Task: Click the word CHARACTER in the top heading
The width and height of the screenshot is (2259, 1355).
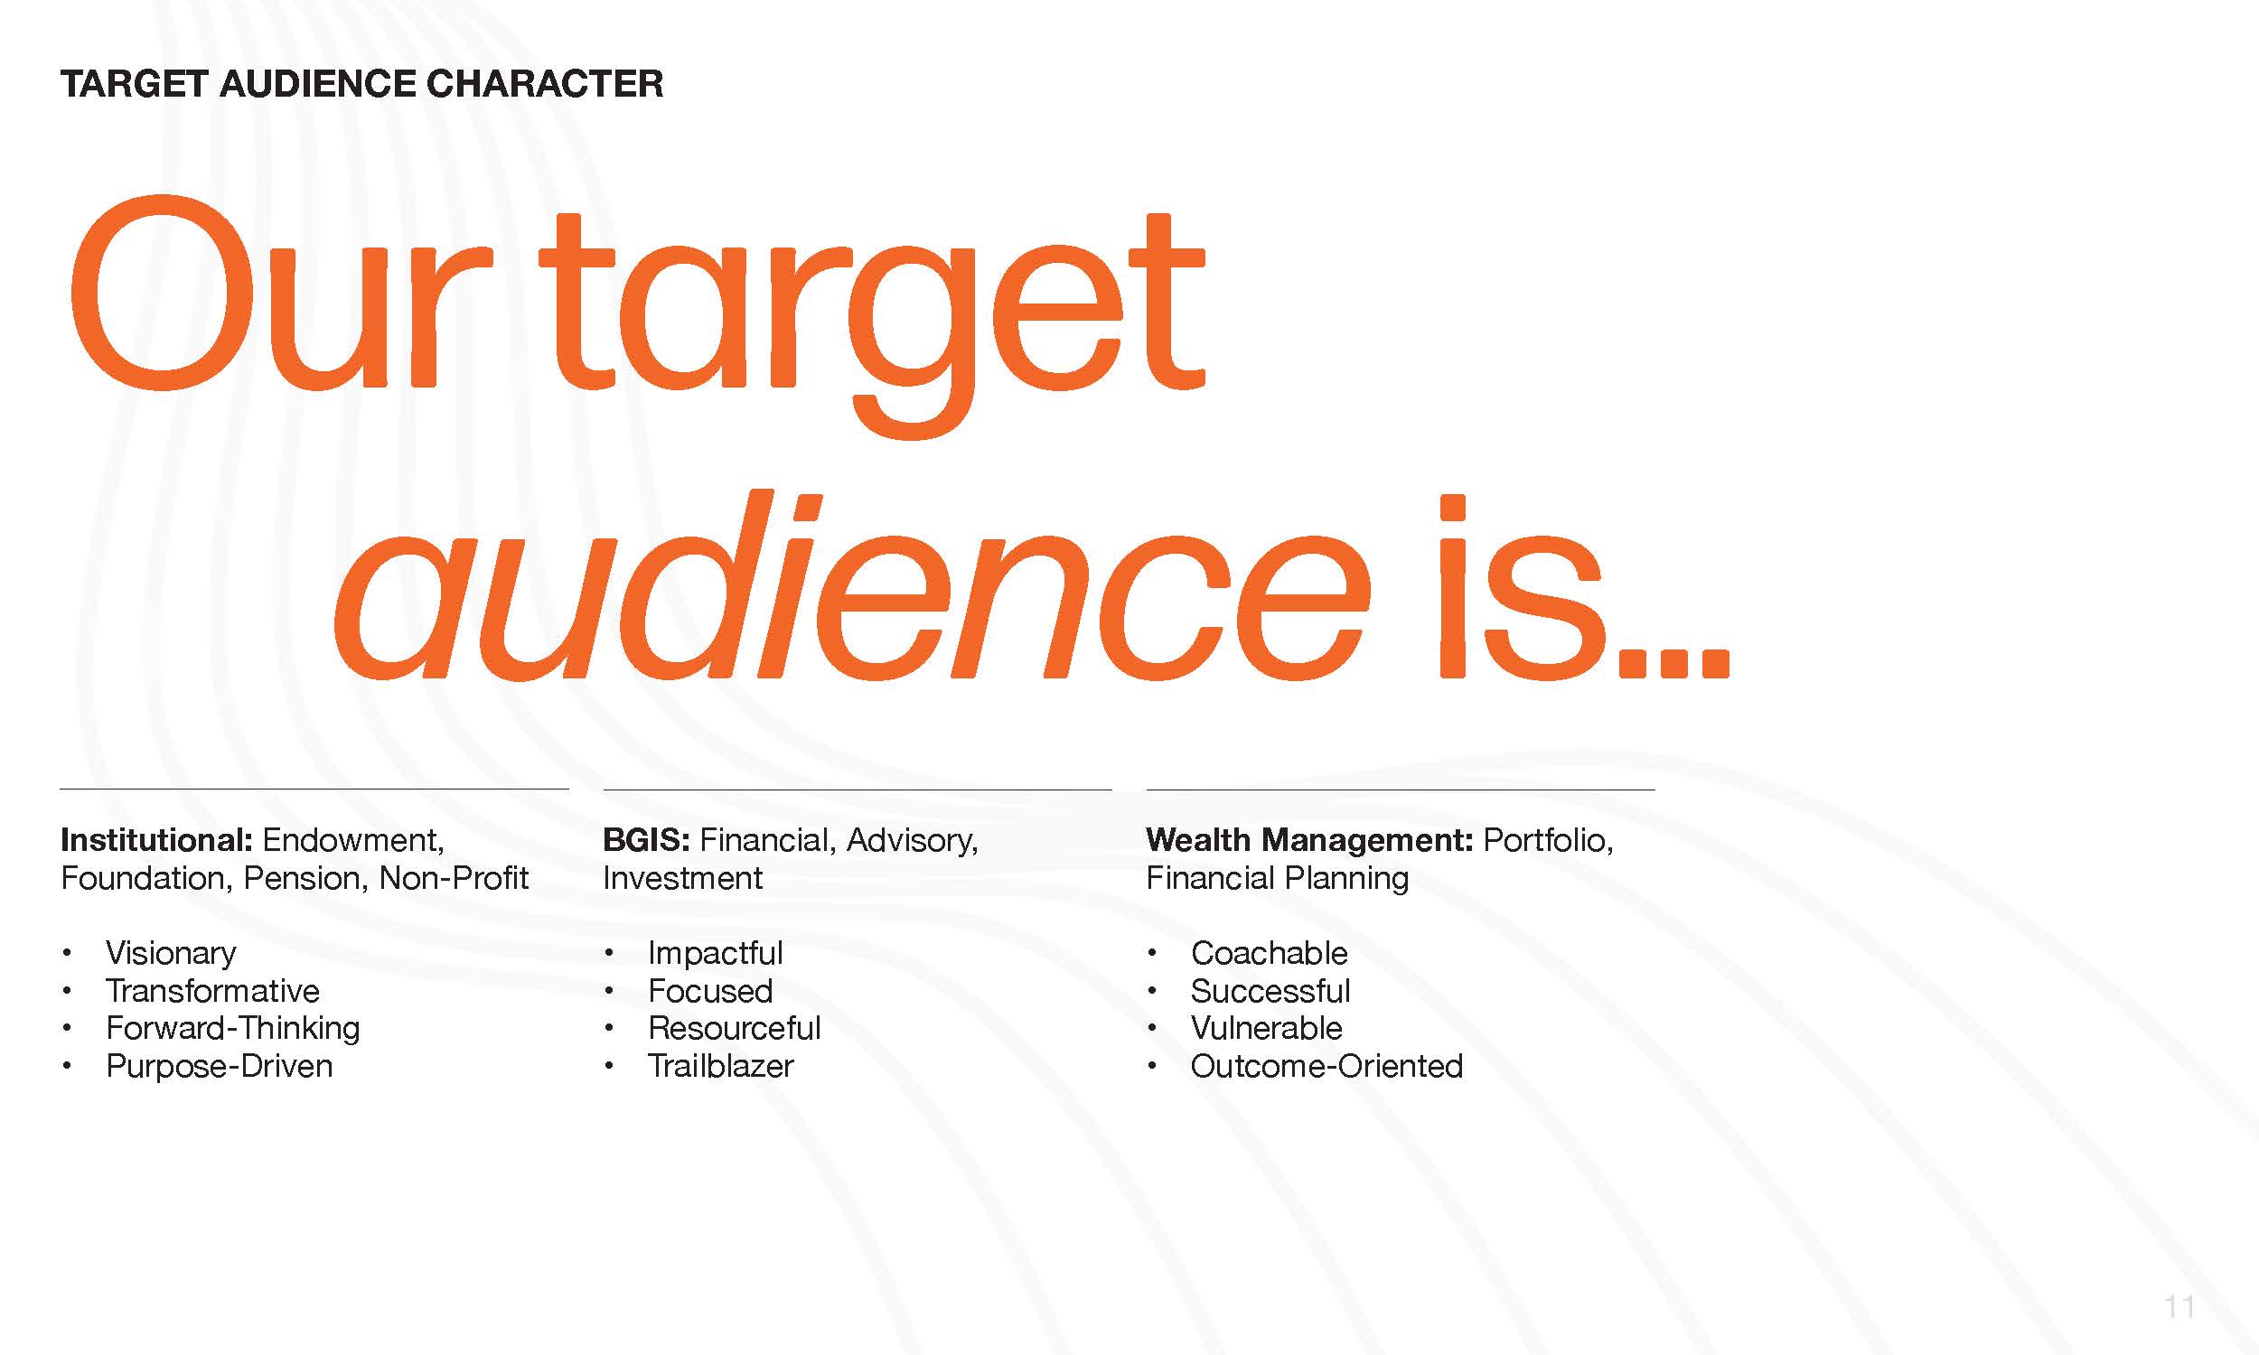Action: coord(544,84)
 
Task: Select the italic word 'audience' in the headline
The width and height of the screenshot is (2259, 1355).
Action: coord(851,584)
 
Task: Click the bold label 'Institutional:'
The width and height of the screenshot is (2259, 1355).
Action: coord(156,840)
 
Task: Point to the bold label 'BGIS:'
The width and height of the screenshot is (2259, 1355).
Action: coord(646,840)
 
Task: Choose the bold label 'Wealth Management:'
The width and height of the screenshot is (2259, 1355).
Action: coord(1309,840)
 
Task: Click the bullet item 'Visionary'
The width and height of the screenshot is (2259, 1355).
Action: coord(171,953)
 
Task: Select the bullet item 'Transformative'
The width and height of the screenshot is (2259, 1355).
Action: coord(212,991)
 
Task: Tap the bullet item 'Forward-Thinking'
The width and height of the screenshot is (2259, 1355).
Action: coord(233,1028)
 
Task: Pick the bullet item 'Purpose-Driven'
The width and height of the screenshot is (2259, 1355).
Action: coord(220,1066)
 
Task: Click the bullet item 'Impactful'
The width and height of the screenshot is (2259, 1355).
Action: coord(716,953)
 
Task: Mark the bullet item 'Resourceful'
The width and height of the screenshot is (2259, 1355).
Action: coord(734,1028)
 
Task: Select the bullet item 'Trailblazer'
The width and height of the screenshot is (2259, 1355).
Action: coord(721,1066)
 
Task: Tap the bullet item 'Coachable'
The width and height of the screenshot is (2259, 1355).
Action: coord(1270,953)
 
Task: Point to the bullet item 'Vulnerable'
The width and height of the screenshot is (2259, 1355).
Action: coord(1267,1028)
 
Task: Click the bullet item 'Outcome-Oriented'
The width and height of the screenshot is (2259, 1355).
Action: coord(1326,1066)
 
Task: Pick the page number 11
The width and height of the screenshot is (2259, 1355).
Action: coord(2179,1307)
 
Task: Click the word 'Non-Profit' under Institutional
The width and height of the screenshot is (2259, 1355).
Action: coord(454,878)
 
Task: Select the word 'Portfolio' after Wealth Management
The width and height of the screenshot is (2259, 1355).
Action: coord(1547,840)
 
